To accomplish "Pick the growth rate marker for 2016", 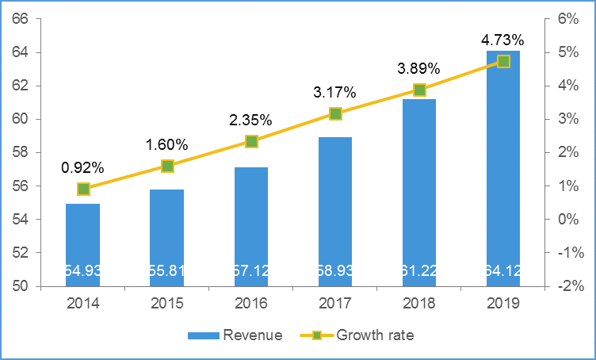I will (x=251, y=141).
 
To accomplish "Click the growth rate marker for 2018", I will (x=419, y=90).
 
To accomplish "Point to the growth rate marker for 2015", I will (x=167, y=166).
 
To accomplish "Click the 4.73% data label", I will (x=502, y=40).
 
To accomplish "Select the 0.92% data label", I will (x=82, y=167).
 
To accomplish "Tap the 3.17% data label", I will (x=334, y=93).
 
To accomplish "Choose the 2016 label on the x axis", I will (x=251, y=303).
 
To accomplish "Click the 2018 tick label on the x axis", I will (x=419, y=303).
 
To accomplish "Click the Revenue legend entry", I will (x=235, y=335).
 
